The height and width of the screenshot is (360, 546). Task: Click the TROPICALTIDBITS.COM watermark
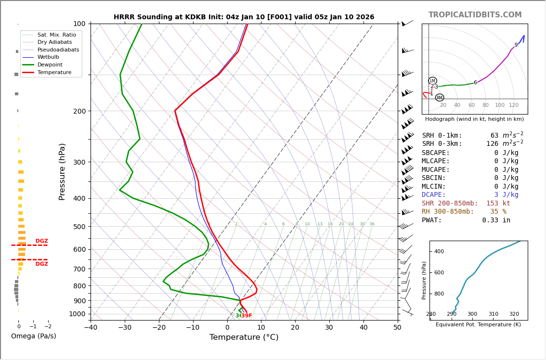[x=475, y=15]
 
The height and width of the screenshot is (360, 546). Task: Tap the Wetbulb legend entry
[x=49, y=57]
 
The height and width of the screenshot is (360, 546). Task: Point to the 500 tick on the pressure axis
[x=79, y=227]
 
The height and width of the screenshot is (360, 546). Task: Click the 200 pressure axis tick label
[x=79, y=111]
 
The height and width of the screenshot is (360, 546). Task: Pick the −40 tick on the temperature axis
[x=91, y=328]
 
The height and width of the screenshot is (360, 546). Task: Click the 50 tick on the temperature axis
[x=397, y=328]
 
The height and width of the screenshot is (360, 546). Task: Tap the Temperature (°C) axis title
[x=244, y=337]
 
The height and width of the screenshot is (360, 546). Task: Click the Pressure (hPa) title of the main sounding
[x=62, y=171]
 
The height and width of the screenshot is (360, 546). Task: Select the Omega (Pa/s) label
[x=33, y=336]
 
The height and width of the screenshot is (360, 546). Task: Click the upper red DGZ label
[x=41, y=241]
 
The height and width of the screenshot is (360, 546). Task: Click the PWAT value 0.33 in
[x=496, y=220]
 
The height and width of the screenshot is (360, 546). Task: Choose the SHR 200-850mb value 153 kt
[x=498, y=204]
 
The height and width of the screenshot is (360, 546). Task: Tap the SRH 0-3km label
[x=442, y=144]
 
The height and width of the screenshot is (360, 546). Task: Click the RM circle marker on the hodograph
[x=439, y=98]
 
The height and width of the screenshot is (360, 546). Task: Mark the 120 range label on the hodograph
[x=514, y=105]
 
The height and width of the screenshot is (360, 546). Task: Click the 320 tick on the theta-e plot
[x=514, y=314]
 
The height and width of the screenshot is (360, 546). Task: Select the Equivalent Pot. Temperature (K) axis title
[x=478, y=325]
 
